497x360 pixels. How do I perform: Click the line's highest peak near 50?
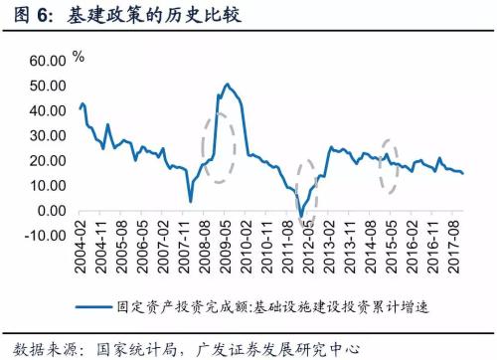pos(227,85)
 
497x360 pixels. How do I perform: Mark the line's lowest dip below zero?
pos(302,216)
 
